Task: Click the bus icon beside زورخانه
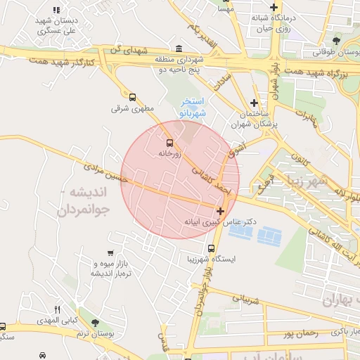169,141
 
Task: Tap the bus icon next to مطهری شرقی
131,97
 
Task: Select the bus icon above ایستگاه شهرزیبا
212,248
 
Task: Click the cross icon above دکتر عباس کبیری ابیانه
221,211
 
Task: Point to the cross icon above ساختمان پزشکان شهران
254,103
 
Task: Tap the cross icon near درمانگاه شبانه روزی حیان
264,8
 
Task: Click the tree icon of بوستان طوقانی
337,41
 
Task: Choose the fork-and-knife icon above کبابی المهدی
58,309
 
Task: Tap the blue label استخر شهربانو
193,108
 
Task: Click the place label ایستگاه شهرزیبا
236,259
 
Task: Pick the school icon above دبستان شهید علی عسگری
56,10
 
